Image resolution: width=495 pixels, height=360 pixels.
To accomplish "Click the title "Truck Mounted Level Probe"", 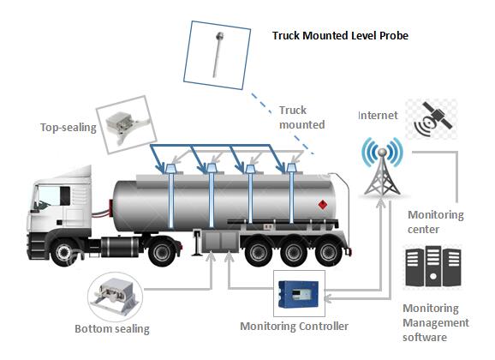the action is coord(340,35).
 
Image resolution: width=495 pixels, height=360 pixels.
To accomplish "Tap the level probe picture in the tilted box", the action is coord(218,54).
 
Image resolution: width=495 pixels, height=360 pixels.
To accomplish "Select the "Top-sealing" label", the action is coord(69,128).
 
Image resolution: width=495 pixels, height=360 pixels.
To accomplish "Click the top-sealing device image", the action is coord(125,126).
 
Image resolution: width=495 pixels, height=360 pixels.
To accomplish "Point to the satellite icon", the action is coord(432,118).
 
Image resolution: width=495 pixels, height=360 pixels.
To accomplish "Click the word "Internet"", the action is coord(378,116).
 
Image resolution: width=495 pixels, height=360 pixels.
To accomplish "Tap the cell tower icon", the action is coord(382,166).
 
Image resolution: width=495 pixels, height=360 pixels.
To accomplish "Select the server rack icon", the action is coord(433,267).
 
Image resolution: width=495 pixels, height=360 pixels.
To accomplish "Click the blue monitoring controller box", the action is coord(299,294).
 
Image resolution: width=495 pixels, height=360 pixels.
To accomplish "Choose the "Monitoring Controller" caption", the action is coord(295,327).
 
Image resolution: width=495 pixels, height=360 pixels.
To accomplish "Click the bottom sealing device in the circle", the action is coord(114,297).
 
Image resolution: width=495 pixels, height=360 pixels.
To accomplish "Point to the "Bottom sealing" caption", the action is coord(112,328).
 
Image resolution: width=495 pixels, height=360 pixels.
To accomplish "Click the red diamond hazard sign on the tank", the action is coord(323,204).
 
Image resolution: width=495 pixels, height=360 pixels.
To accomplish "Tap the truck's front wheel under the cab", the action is coord(64,252).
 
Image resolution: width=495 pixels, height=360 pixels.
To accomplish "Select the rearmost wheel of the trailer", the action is coord(329,252).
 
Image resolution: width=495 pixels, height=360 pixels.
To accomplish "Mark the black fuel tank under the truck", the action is coord(120,246).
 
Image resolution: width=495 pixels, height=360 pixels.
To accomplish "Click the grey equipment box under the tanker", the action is coord(221,242).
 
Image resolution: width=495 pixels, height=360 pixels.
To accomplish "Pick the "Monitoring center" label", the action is coord(435,222).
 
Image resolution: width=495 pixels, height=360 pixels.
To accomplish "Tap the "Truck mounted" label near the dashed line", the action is coord(301,117).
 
